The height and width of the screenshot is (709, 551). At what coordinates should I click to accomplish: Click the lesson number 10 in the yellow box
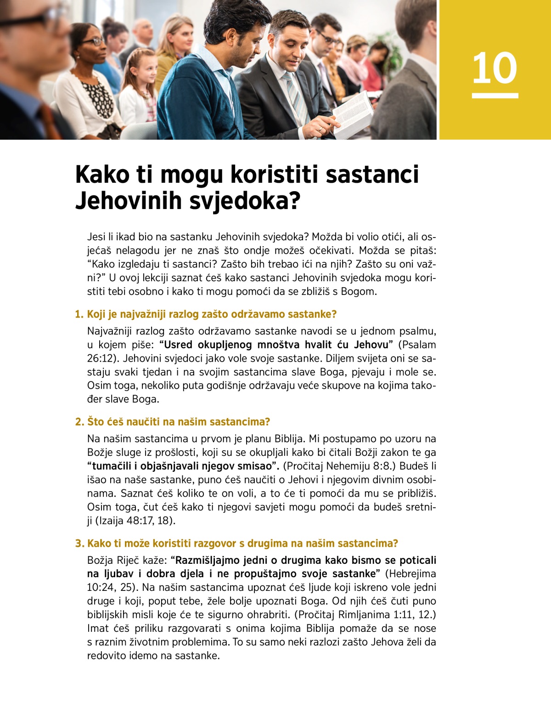(495, 68)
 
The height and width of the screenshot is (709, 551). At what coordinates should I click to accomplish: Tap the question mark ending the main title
(294, 201)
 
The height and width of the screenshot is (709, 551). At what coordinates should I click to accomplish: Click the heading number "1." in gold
(79, 314)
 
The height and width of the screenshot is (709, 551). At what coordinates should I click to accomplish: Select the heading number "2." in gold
(79, 422)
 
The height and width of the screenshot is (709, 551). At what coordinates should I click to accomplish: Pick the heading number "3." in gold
(79, 544)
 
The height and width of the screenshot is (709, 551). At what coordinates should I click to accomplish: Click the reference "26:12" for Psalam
(101, 358)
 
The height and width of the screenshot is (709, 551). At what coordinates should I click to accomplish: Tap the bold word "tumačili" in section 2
(114, 466)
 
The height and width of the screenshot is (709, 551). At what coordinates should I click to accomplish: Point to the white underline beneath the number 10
(495, 96)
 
